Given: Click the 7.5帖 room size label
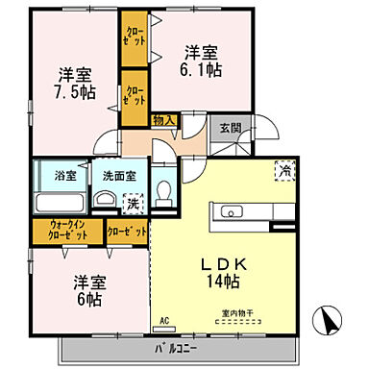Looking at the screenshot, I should (x=74, y=92).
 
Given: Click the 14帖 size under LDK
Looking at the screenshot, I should (x=223, y=281).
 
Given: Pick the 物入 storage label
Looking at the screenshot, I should (x=164, y=120).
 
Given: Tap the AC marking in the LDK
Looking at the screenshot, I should (x=163, y=320).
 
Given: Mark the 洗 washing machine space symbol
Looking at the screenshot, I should (x=134, y=203).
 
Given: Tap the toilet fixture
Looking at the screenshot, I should (x=164, y=192).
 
